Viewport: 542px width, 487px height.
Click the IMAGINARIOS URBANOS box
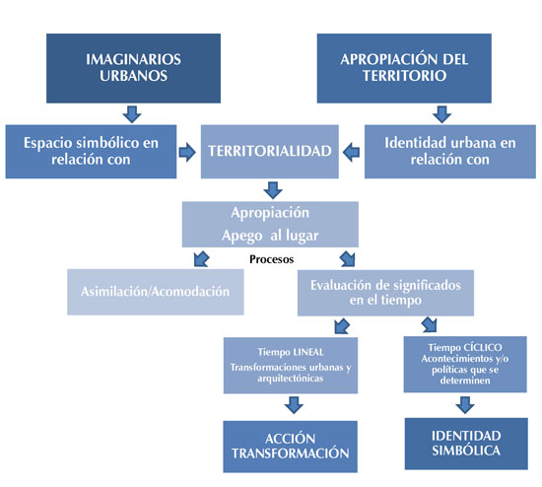133,68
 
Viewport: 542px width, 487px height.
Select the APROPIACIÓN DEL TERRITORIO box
404,68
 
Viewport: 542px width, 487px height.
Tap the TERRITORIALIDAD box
270,152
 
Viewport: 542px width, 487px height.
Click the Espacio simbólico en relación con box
91,152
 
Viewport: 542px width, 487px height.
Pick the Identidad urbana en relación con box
450,152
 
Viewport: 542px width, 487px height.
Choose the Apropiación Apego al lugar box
270,225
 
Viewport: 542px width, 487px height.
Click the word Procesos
272,259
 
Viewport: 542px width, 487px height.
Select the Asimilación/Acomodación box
155,292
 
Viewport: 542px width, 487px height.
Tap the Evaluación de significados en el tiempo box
385,293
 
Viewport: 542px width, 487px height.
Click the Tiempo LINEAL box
291,365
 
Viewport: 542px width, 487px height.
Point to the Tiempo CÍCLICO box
465,364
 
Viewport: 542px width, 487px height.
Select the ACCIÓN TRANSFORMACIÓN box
290,447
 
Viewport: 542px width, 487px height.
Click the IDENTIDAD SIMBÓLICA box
466,444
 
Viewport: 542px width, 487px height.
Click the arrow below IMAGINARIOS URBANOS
132,114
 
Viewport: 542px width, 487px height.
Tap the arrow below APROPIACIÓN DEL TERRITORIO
441,114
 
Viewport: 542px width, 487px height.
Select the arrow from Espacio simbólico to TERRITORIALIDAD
187,152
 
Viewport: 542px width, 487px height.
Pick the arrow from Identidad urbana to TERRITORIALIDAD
351,152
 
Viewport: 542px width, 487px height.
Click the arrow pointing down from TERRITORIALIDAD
273,190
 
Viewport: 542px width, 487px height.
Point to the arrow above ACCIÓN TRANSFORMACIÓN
294,405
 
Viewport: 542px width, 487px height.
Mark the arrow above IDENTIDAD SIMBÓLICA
465,405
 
